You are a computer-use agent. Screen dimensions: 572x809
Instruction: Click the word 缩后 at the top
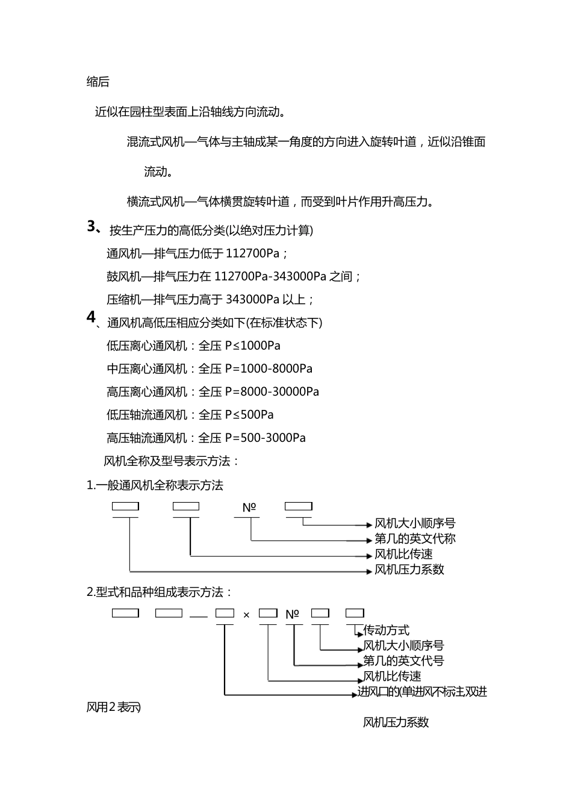(98, 82)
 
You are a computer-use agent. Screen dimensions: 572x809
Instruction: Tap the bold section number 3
(92, 226)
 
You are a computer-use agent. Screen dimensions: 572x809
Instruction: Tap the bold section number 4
(91, 317)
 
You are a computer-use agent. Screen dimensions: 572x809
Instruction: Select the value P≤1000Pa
(253, 346)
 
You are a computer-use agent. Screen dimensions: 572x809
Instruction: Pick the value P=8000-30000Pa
(272, 392)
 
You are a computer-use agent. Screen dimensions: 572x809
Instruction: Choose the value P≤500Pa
(249, 415)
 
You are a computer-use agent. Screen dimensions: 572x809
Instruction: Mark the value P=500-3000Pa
(266, 438)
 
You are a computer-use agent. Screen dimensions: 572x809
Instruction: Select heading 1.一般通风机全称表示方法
(155, 485)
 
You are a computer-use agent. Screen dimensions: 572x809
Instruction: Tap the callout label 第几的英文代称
(415, 539)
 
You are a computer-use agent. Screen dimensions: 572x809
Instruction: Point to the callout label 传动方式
(387, 630)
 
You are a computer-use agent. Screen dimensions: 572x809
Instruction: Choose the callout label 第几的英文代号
(404, 661)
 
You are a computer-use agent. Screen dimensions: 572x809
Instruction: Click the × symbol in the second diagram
(246, 615)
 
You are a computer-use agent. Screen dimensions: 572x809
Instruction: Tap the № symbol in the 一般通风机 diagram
(249, 507)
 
